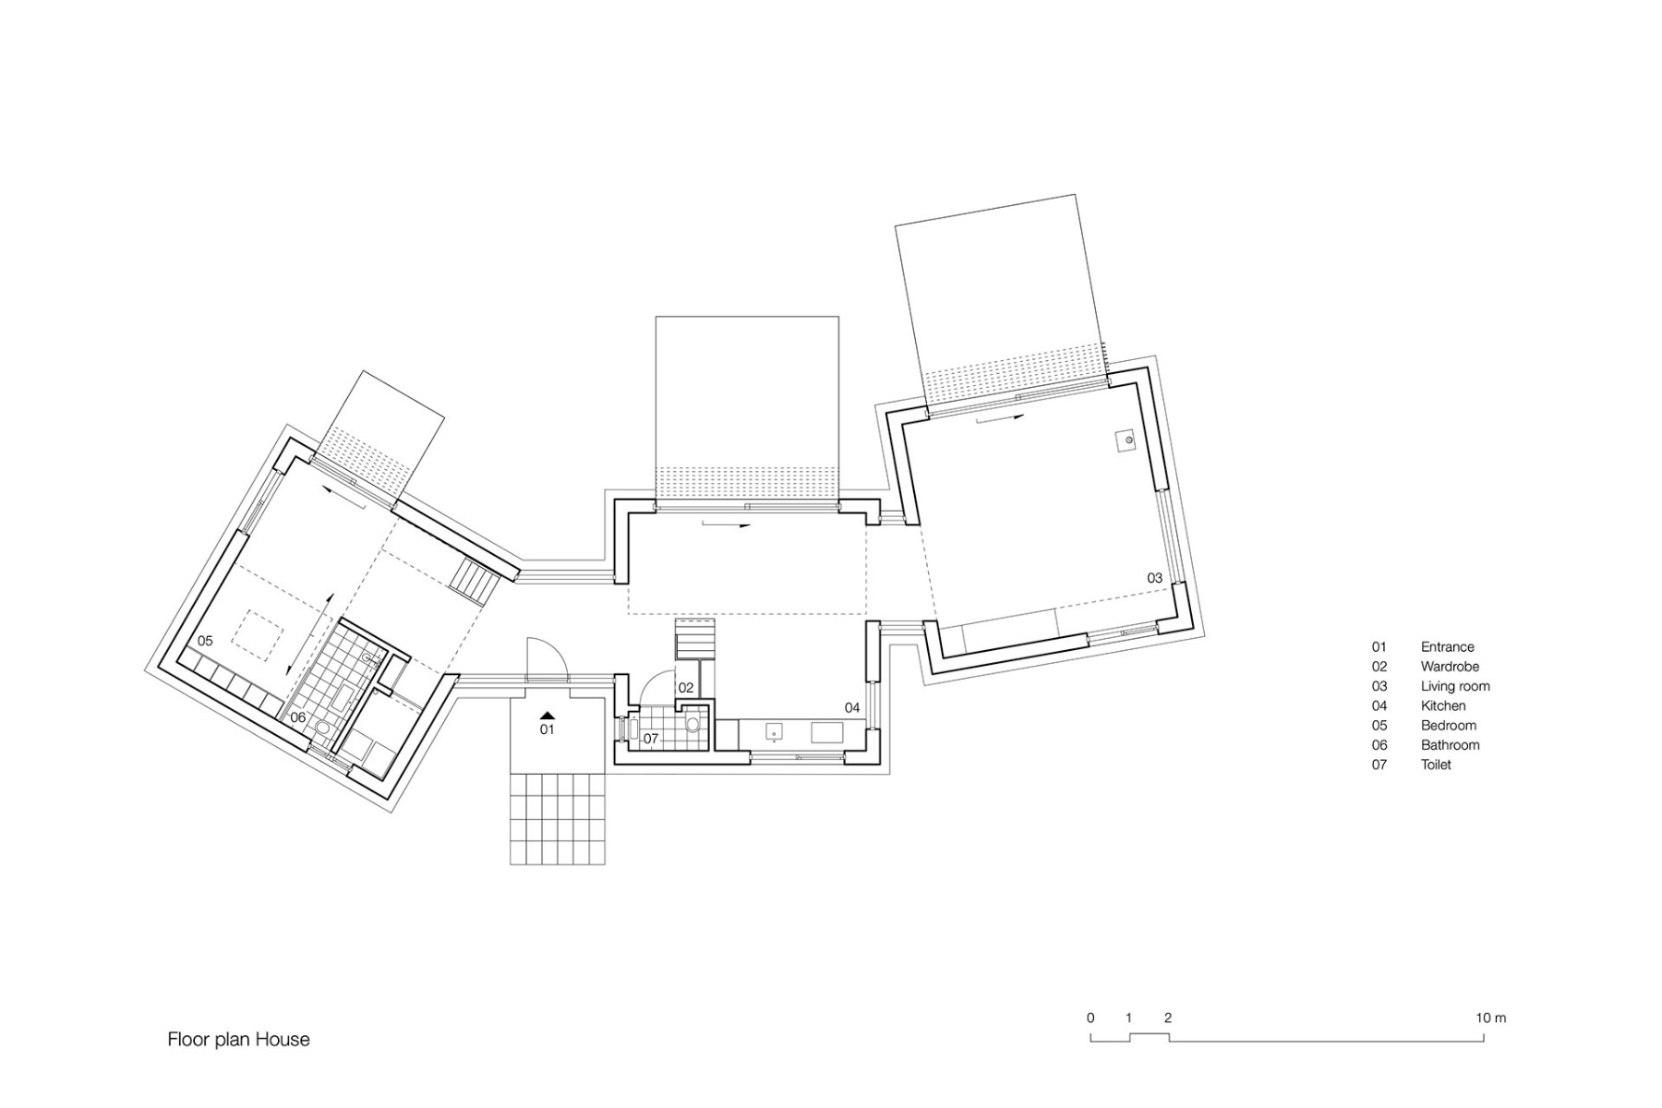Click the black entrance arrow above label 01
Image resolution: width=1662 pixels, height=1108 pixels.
tap(548, 714)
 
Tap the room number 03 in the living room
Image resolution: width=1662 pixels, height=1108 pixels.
tap(1155, 578)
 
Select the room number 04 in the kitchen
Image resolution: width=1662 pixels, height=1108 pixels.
tap(852, 708)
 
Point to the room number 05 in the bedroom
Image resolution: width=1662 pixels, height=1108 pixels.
tap(205, 641)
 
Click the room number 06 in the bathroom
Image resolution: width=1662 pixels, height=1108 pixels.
tap(297, 717)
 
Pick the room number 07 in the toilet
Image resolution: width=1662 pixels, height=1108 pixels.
tap(651, 739)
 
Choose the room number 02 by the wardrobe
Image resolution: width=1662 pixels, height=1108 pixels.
tap(685, 688)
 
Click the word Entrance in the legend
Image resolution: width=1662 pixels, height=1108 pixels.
tap(1447, 647)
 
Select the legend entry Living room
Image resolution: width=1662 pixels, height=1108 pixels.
tap(1455, 686)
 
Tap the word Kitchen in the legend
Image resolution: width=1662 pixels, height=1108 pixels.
tap(1443, 705)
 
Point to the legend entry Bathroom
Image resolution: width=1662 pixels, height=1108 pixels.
tap(1450, 745)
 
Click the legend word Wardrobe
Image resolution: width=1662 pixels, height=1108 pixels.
tap(1450, 667)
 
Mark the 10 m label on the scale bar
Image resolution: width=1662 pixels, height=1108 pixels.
tap(1490, 1018)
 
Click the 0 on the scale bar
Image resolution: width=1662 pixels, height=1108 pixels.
tap(1090, 1018)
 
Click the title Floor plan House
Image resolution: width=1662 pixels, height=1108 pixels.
tap(238, 1040)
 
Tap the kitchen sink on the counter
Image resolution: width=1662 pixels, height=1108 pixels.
tap(773, 733)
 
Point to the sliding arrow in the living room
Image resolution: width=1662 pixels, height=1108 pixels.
tap(1000, 418)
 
